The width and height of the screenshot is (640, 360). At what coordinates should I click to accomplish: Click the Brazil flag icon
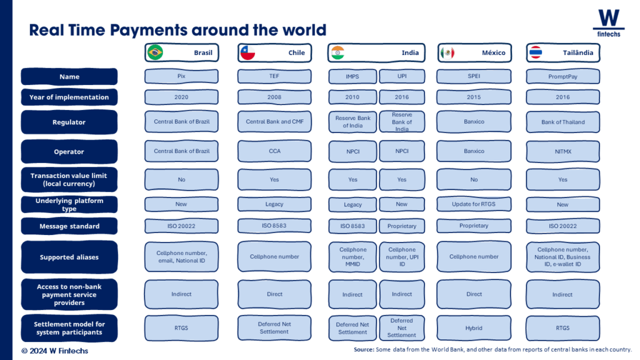(x=155, y=52)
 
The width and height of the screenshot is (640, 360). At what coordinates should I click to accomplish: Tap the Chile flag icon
(x=247, y=52)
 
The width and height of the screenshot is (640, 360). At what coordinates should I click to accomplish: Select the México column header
(x=474, y=52)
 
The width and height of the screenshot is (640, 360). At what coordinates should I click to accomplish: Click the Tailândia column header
(x=563, y=52)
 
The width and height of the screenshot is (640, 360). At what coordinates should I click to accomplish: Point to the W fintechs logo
(x=609, y=23)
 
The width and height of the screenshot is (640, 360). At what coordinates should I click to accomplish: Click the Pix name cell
(x=181, y=76)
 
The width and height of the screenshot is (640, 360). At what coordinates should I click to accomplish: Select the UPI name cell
(x=402, y=76)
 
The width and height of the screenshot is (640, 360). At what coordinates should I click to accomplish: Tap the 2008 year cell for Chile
(x=274, y=97)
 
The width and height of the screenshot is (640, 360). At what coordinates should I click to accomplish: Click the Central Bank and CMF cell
(x=274, y=122)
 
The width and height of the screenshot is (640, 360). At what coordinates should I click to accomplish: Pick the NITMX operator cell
(x=563, y=151)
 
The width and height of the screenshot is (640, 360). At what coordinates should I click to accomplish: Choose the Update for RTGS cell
(x=474, y=204)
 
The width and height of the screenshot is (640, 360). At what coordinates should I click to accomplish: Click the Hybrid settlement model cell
(x=474, y=327)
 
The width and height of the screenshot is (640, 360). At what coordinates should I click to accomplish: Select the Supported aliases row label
(x=69, y=257)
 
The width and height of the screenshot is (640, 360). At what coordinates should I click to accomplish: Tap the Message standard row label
(x=69, y=226)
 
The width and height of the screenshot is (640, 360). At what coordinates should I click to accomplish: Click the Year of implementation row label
(x=69, y=97)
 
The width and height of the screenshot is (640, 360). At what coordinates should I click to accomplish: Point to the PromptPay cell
(x=563, y=76)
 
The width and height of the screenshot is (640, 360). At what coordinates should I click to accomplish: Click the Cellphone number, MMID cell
(x=352, y=257)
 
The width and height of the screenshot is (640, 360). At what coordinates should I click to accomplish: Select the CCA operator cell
(x=274, y=151)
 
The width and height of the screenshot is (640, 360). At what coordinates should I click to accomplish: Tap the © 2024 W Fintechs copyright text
(x=55, y=351)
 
